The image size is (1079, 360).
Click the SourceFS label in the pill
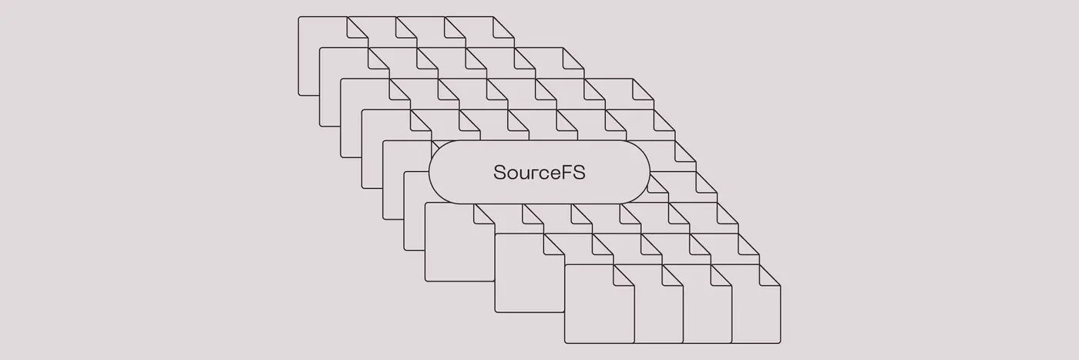(539, 172)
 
